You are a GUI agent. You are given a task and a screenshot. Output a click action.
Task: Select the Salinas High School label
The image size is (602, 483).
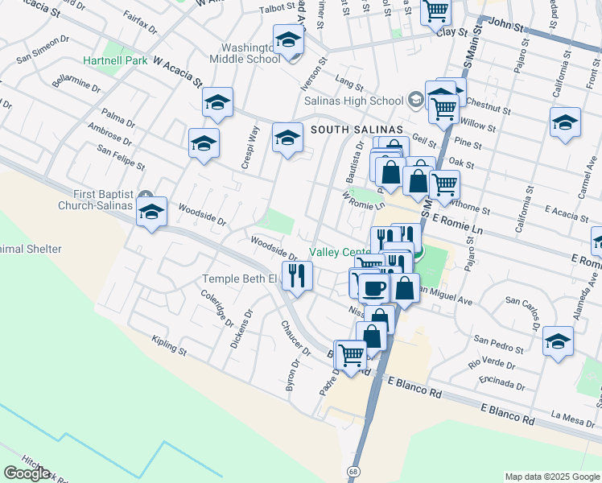point(353,101)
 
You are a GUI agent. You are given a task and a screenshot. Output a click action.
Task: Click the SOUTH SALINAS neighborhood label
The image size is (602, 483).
point(357,130)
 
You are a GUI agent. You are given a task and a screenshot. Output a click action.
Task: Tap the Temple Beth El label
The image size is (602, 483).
point(238,279)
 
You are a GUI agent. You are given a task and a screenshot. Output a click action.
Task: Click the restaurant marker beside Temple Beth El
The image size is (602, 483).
point(297,276)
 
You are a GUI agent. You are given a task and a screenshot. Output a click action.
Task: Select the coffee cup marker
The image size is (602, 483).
point(374,287)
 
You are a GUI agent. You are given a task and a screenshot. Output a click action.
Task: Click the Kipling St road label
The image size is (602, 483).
point(169,352)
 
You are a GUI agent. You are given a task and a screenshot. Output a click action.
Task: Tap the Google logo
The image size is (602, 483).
point(27,473)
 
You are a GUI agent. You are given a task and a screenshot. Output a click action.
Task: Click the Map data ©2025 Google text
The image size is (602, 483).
point(551,477)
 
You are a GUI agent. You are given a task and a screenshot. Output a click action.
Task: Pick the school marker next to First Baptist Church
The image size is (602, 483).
point(150,213)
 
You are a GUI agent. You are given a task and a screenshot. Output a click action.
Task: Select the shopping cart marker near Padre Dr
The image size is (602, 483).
point(351,354)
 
